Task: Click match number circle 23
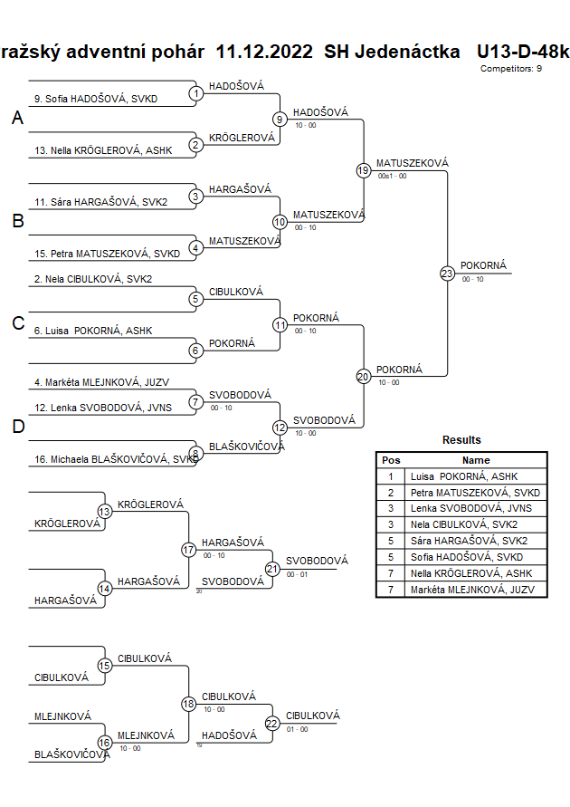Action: pyautogui.click(x=447, y=273)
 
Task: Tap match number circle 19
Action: pyautogui.click(x=363, y=169)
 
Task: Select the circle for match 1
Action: pyautogui.click(x=196, y=92)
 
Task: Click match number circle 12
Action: pyautogui.click(x=280, y=428)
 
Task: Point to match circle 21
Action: pyautogui.click(x=272, y=568)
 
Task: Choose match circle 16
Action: pyautogui.click(x=104, y=743)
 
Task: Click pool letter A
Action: pyautogui.click(x=17, y=119)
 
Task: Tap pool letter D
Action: pyautogui.click(x=17, y=428)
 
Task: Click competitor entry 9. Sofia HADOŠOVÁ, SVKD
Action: pyautogui.click(x=95, y=99)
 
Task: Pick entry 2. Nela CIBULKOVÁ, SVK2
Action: pyautogui.click(x=92, y=280)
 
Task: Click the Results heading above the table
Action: pyautogui.click(x=461, y=440)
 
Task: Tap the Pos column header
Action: pyautogui.click(x=391, y=460)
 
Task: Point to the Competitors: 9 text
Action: pyautogui.click(x=511, y=69)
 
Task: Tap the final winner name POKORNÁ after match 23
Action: pyautogui.click(x=483, y=265)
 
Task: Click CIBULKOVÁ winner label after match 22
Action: pyautogui.click(x=312, y=716)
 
